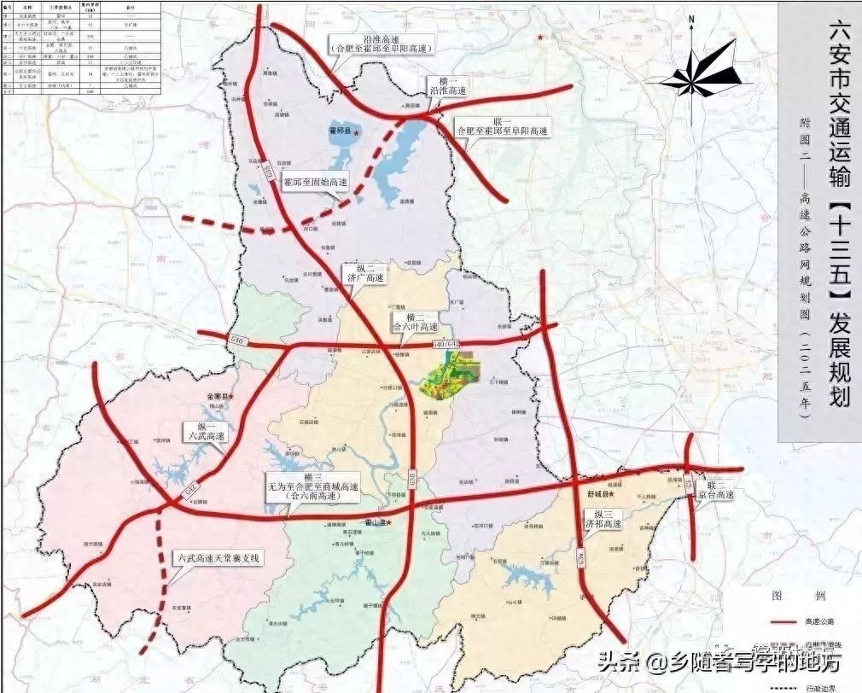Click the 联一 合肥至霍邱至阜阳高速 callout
pyautogui.click(x=502, y=126)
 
